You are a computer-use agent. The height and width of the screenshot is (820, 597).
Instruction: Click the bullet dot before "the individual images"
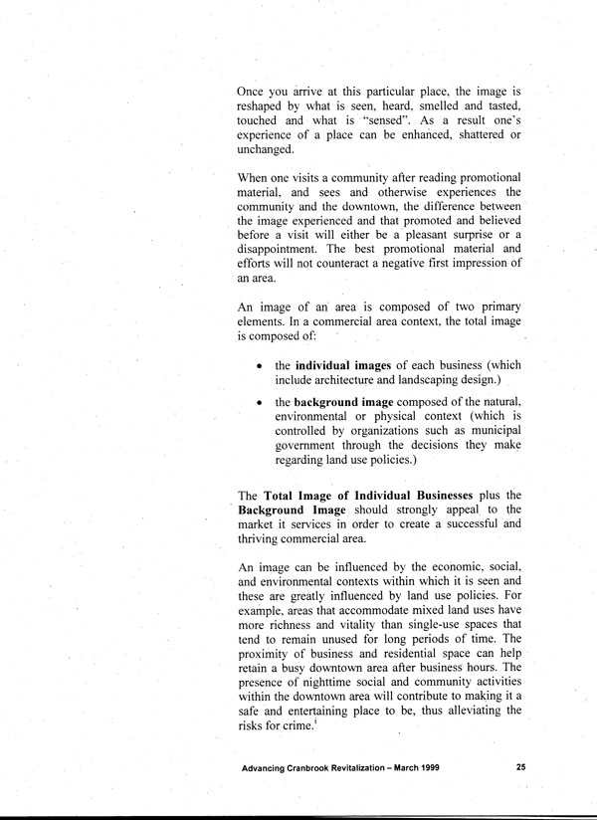coord(259,366)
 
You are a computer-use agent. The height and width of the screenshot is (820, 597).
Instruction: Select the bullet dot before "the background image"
coord(259,402)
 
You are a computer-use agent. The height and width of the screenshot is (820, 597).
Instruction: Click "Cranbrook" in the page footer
coord(317,769)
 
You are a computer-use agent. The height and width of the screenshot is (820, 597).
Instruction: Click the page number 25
coord(522,769)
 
